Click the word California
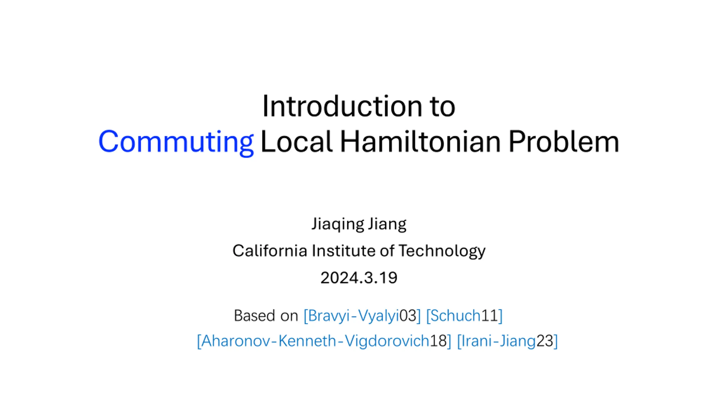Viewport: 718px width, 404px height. pyautogui.click(x=270, y=251)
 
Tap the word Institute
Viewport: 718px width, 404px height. pyautogui.click(x=344, y=251)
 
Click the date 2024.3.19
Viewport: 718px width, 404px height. pyautogui.click(x=359, y=278)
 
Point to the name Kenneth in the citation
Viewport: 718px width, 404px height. pyautogui.click(x=307, y=341)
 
